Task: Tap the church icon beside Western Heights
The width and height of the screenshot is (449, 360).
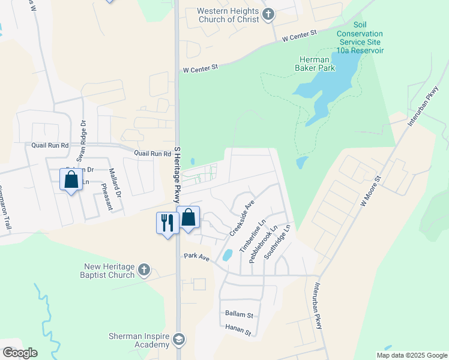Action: coord(269,14)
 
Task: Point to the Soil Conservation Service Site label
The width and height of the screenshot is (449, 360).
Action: coord(360,38)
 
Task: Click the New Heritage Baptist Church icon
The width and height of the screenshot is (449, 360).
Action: coord(143,270)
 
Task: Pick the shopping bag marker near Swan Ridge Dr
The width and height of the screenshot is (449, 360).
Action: coord(71,179)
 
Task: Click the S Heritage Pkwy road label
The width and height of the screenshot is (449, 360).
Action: coord(177,175)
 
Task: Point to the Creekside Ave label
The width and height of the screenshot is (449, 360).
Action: coord(242,218)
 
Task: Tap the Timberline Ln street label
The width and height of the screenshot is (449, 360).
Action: coord(252,236)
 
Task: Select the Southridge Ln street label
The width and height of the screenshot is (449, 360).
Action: coord(282,240)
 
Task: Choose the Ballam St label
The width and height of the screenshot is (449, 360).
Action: coord(239,314)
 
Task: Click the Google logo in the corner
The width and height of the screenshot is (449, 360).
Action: coord(20,352)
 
